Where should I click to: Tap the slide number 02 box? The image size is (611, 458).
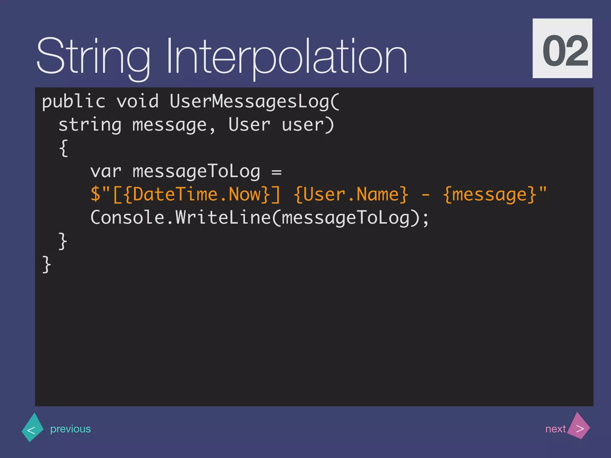pos(562,48)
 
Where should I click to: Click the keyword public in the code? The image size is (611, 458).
pos(73,101)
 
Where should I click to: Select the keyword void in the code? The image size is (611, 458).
pos(138,101)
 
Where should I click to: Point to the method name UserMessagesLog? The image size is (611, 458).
pos(249,101)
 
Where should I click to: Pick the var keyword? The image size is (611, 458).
pos(106,171)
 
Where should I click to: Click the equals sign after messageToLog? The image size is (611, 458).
pos(277,172)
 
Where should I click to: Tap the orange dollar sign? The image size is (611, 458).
pos(95,194)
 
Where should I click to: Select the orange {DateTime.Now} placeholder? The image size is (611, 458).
pos(197,194)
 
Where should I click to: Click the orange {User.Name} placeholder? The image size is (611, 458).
pos(351,194)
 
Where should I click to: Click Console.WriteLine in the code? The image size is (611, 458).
pos(180,217)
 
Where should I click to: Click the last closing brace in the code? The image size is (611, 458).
pos(47,264)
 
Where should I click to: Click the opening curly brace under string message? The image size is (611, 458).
pos(64,148)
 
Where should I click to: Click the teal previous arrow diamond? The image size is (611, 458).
pos(32,428)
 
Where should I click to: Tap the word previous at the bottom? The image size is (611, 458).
pos(70,429)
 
